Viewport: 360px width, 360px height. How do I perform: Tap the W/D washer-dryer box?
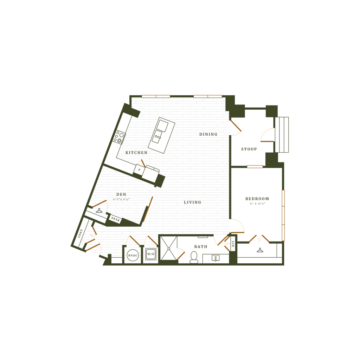click(x=151, y=254)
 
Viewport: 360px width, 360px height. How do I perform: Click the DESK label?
click(x=115, y=219)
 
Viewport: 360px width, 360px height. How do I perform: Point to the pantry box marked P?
click(x=139, y=169)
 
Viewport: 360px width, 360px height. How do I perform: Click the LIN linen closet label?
click(x=233, y=244)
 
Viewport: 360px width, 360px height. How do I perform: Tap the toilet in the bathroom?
click(x=194, y=257)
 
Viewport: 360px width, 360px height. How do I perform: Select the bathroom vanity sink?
click(x=215, y=258)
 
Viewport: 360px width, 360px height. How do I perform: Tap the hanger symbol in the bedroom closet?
click(x=260, y=250)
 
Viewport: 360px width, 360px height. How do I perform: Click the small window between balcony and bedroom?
click(x=255, y=167)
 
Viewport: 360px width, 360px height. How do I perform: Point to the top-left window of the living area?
click(x=156, y=96)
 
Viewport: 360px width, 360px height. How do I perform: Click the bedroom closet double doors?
click(x=259, y=239)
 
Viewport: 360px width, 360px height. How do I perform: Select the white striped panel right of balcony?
click(x=282, y=135)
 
